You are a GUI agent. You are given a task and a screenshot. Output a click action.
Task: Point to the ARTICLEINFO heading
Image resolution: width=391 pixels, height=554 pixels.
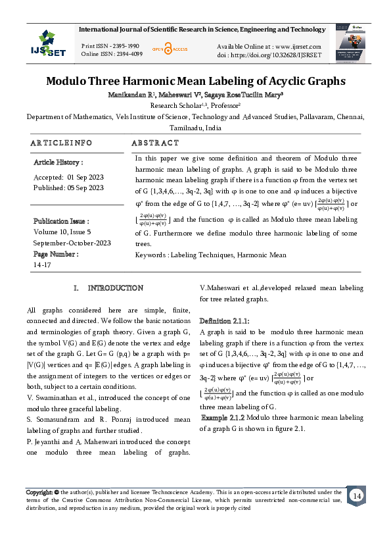(61, 143)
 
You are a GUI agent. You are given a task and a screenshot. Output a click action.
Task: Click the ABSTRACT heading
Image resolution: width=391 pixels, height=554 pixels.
(155, 143)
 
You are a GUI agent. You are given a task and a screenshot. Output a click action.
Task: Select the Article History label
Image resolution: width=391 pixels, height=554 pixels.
(58, 162)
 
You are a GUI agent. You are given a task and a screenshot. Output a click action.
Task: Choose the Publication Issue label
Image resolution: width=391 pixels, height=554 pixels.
(61, 222)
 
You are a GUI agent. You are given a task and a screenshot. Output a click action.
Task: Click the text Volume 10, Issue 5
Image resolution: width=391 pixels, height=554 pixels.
(62, 232)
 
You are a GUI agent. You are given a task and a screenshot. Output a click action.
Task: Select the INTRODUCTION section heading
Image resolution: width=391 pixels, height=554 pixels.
(116, 288)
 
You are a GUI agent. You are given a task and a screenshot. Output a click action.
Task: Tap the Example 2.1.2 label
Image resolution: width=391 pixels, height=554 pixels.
(223, 417)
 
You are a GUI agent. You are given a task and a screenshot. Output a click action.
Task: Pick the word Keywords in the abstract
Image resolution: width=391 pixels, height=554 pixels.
(150, 255)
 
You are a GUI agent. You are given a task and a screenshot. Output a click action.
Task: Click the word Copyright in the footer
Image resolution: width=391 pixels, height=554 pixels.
(39, 491)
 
